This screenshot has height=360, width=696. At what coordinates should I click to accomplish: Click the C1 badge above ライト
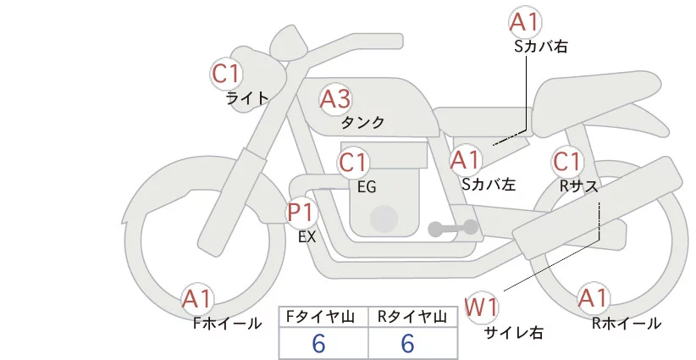click(x=226, y=74)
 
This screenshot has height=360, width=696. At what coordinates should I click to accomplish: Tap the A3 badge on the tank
click(x=335, y=99)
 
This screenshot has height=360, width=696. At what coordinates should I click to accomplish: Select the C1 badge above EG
click(x=353, y=163)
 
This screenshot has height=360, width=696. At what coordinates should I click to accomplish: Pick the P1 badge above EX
click(x=301, y=213)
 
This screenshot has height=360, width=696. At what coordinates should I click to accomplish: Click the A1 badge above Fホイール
click(x=197, y=299)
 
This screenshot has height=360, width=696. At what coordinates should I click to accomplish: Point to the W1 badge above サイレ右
click(x=481, y=307)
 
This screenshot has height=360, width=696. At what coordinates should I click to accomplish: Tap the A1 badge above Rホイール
click(x=593, y=298)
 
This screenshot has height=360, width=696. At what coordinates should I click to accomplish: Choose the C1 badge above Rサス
click(x=567, y=162)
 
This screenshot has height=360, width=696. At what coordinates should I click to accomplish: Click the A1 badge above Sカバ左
click(x=465, y=160)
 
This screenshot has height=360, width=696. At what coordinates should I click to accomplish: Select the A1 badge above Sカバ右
click(x=526, y=22)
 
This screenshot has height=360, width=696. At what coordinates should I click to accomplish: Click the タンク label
click(x=362, y=123)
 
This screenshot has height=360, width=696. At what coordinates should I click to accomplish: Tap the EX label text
click(x=307, y=237)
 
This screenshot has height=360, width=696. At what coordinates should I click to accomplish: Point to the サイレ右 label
click(x=512, y=333)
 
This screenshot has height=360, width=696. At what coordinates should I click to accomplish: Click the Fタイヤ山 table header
click(x=320, y=317)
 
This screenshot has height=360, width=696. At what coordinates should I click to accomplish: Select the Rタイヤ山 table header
click(x=412, y=317)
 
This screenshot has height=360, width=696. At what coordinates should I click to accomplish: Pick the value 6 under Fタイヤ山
click(x=318, y=344)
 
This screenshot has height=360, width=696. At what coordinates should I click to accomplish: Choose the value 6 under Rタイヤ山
click(x=407, y=344)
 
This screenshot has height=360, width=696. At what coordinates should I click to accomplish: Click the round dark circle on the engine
click(x=384, y=219)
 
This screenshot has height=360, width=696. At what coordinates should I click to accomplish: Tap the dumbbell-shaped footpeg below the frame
click(x=453, y=228)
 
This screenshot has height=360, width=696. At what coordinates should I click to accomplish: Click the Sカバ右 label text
click(x=541, y=47)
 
